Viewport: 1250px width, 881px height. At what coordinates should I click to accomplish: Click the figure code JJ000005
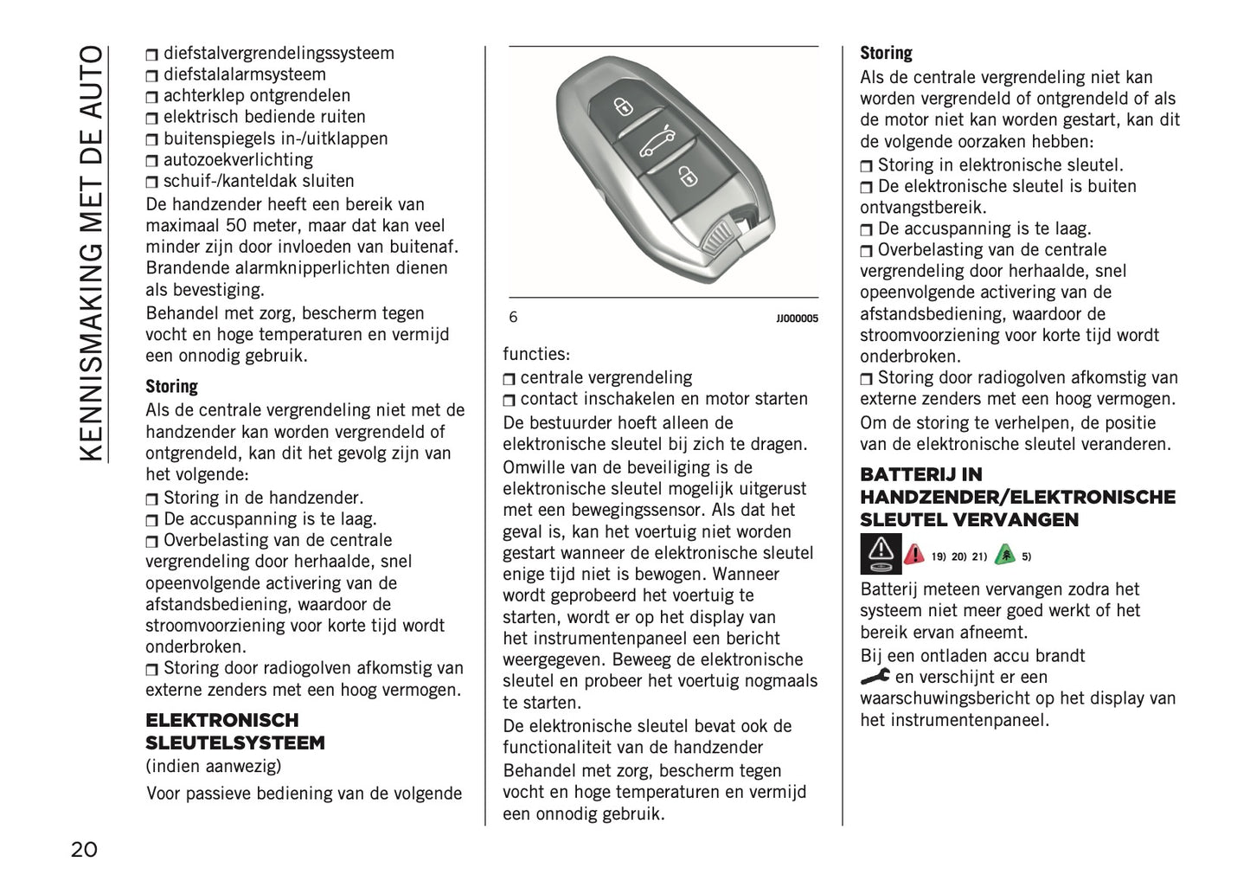coord(797,318)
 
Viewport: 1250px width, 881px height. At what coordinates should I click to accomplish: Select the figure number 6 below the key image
coord(513,317)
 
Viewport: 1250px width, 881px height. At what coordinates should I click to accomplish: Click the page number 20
coord(84,849)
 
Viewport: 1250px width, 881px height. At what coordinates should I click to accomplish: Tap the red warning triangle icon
coord(913,555)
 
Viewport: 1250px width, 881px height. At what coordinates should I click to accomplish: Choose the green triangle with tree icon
coord(1004,555)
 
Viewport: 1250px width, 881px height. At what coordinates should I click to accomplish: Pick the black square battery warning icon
coord(881,555)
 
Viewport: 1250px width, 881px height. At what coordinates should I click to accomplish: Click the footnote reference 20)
coord(958,556)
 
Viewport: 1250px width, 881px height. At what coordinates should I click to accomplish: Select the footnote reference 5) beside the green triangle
coord(1026,556)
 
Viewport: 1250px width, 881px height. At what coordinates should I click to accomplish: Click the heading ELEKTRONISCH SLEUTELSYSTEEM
coord(234,731)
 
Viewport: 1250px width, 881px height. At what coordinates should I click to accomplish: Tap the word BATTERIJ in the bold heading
coord(909,474)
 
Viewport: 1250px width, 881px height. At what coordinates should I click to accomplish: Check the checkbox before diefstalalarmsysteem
coord(152,76)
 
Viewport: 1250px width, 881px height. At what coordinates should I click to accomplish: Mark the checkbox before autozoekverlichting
coord(152,161)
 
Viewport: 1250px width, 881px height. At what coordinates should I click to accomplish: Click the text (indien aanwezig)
coord(213,766)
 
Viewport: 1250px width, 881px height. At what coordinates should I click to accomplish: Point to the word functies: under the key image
coord(536,354)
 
